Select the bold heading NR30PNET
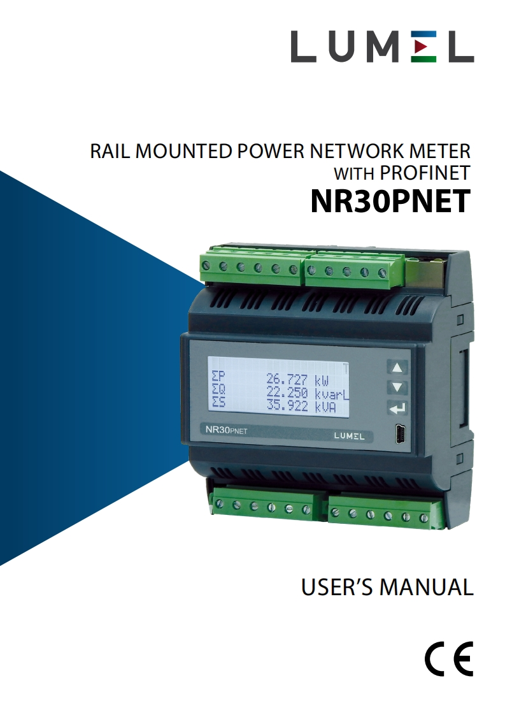tap(390, 201)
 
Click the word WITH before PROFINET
tap(355, 173)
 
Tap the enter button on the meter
tap(397, 408)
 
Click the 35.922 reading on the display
tap(287, 406)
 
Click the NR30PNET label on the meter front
tap(226, 430)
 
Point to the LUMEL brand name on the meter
tap(350, 437)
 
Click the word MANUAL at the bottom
tap(427, 587)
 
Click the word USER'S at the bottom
tap(337, 587)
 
